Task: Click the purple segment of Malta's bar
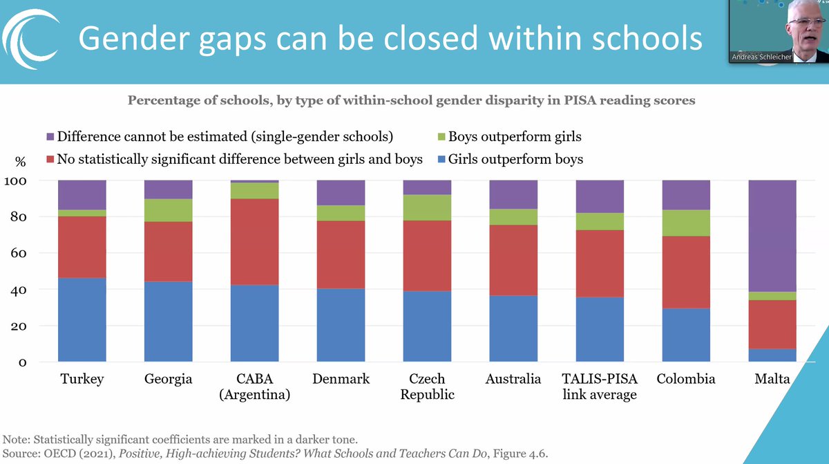click(772, 235)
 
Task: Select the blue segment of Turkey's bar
click(82, 319)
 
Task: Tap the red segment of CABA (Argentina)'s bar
click(254, 242)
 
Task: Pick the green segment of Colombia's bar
click(686, 223)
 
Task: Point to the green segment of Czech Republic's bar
click(427, 207)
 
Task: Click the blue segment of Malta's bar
click(772, 355)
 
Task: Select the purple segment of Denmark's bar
click(341, 192)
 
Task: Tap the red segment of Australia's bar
click(513, 260)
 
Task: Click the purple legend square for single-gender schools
click(50, 137)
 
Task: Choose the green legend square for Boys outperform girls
click(440, 137)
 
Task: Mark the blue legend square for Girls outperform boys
click(440, 160)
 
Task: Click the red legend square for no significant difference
click(50, 160)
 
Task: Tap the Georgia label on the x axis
click(168, 379)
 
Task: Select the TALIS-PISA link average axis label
click(600, 387)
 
